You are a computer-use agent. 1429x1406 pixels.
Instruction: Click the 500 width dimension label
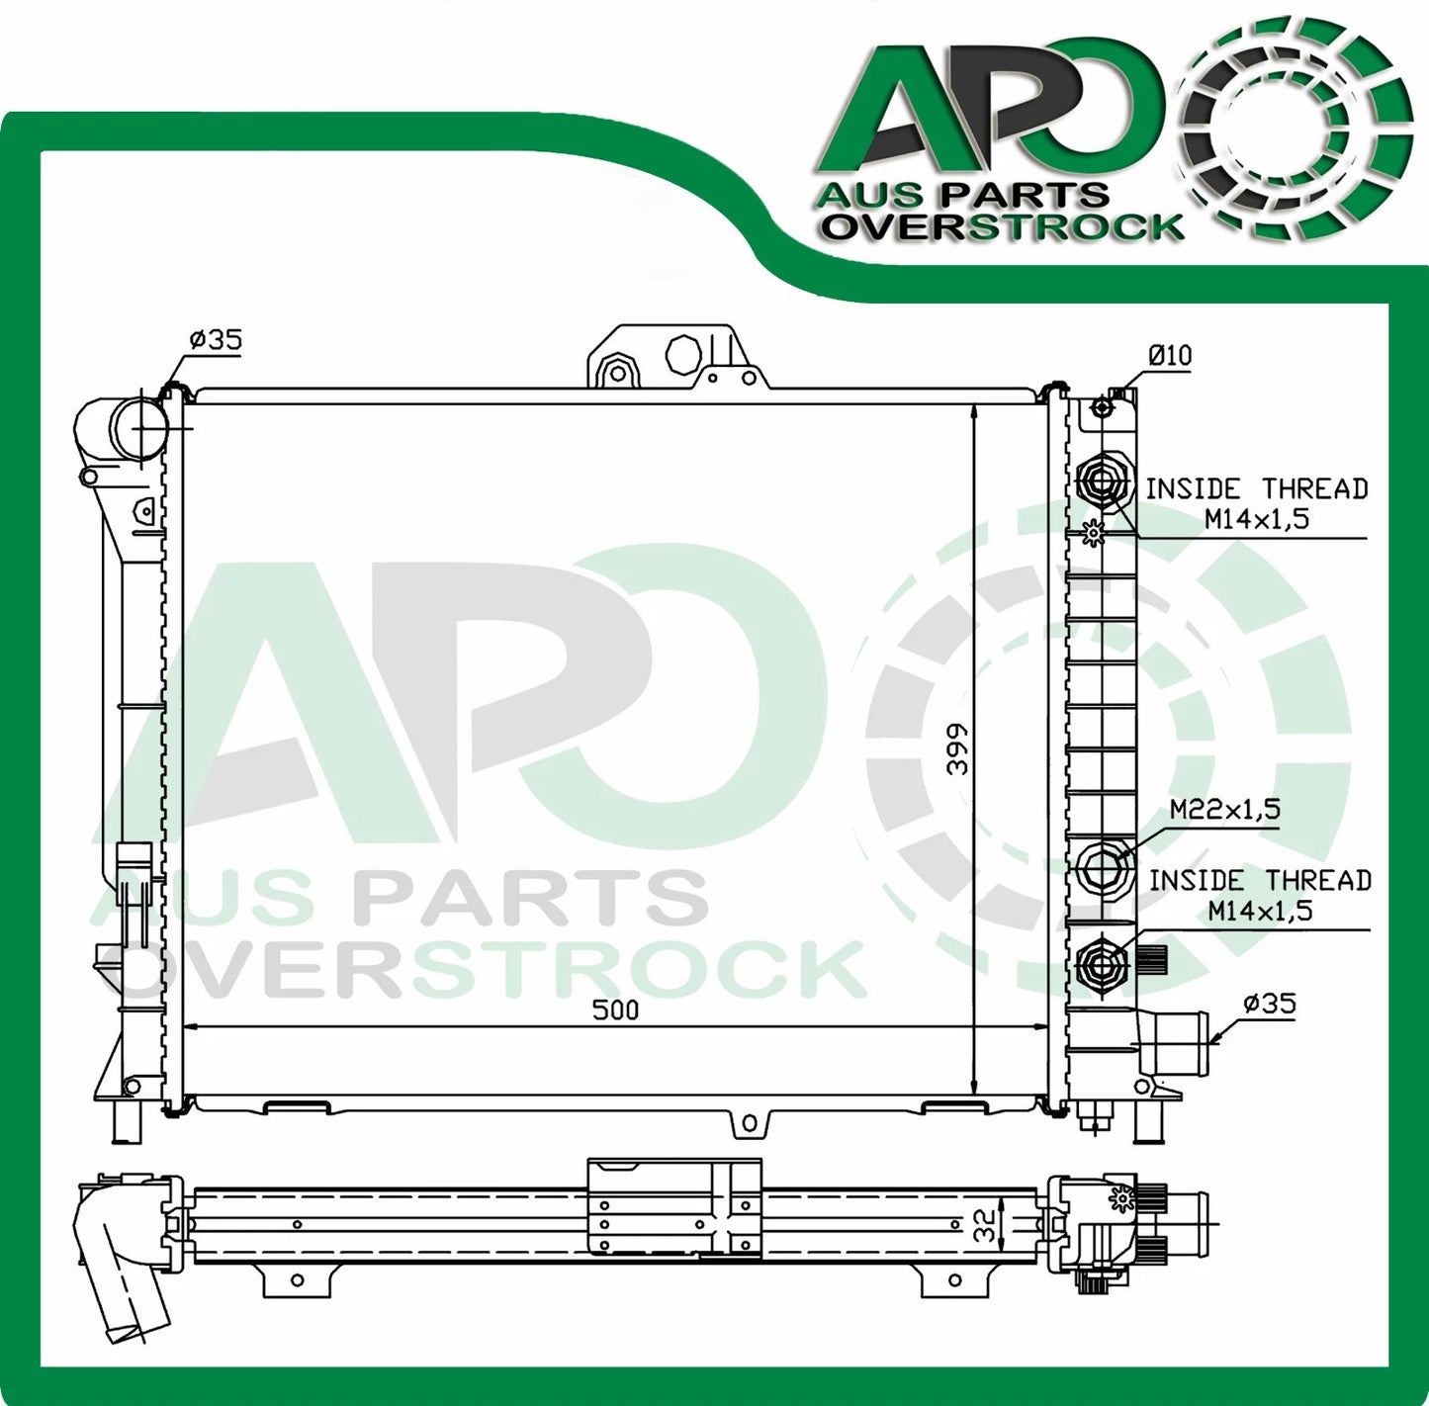(615, 1010)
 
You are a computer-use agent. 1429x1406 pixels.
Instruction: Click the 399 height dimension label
(955, 748)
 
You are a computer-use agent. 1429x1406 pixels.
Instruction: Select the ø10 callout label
(1170, 355)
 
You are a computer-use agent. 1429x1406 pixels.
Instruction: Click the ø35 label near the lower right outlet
(1269, 1004)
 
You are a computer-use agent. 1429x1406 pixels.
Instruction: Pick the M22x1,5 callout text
(1224, 809)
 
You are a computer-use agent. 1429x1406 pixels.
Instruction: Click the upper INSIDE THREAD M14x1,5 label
(1256, 503)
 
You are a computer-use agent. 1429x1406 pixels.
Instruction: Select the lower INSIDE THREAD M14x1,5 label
(1259, 895)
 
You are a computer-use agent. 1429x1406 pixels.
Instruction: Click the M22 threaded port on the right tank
(1101, 867)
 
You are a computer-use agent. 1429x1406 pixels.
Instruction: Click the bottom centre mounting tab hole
(749, 1122)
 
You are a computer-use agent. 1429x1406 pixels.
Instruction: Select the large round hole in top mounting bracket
(682, 354)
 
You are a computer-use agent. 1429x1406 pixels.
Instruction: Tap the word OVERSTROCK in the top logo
(1004, 226)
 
